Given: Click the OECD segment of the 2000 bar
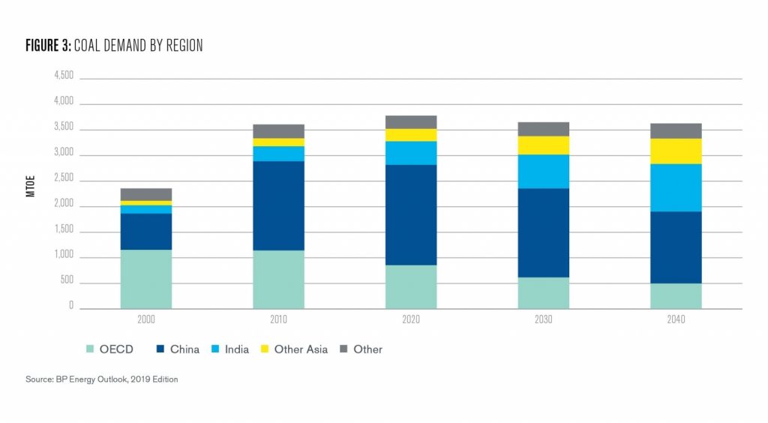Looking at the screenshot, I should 146,278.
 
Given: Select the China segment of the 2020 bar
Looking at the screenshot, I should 411,214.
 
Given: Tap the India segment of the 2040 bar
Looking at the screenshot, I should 676,187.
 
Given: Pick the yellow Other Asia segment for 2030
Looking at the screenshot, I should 544,145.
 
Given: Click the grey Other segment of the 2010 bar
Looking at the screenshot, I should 278,131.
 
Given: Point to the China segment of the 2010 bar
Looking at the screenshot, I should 278,205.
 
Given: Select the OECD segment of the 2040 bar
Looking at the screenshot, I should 676,295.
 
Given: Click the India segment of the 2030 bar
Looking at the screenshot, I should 544,171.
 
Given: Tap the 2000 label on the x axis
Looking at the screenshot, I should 146,319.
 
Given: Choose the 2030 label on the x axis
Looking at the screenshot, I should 544,319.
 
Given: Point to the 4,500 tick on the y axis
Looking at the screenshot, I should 64,76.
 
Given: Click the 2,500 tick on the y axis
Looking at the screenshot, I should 64,179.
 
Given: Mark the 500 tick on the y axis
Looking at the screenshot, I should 67,281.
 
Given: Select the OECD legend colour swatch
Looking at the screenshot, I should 91,349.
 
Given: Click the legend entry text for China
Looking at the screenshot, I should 184,349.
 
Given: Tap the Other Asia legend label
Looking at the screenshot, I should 301,349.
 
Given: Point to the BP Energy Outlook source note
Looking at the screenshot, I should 101,379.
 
